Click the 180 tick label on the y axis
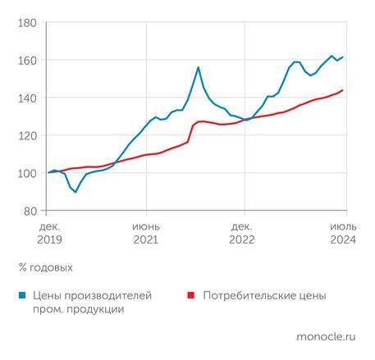[x=27, y=23]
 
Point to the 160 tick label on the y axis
[x=27, y=61]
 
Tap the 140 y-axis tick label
[x=27, y=98]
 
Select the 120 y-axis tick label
[x=27, y=135]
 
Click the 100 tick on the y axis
[x=27, y=173]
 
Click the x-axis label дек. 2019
[x=49, y=231]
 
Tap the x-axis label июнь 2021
[x=146, y=231]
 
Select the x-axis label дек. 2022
[x=243, y=231]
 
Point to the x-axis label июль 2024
[x=342, y=231]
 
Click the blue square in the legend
[x=20, y=294]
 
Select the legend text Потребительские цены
[x=263, y=294]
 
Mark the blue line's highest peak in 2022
[x=199, y=67]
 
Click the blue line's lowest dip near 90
[x=75, y=191]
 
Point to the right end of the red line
[x=342, y=90]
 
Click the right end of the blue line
[x=342, y=57]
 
